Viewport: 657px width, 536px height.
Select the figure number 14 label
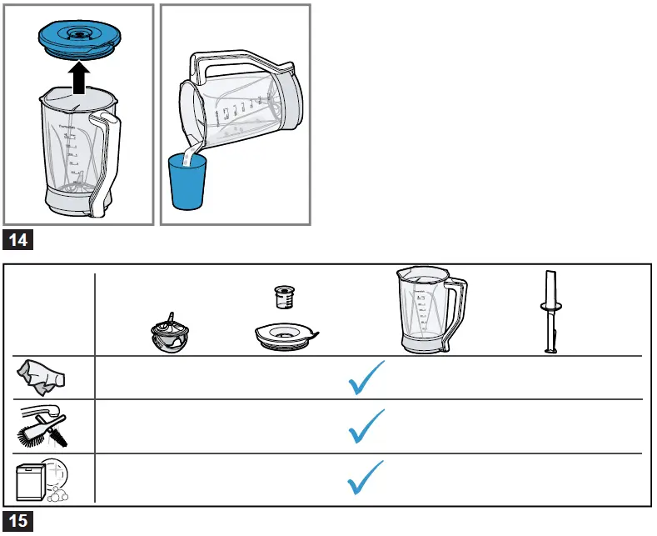pos(18,241)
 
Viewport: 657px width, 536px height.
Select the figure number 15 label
pos(18,522)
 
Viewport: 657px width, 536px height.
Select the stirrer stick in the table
pos(550,313)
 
